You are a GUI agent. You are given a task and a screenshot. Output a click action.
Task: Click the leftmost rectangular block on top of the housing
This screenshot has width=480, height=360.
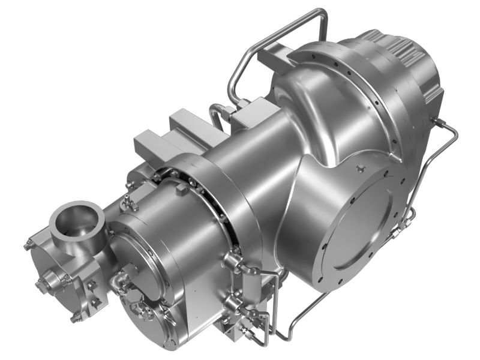[148, 144]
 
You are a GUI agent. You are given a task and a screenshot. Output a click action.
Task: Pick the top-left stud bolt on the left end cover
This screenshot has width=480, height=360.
[29, 245]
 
